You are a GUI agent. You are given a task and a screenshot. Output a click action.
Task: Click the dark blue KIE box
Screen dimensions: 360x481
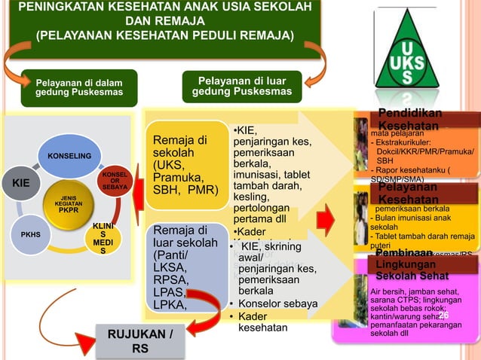17,182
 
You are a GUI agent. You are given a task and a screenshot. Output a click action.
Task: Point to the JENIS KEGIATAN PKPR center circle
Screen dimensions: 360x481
69,204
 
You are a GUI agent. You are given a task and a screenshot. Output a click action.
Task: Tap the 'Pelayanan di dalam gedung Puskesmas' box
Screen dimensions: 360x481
79,87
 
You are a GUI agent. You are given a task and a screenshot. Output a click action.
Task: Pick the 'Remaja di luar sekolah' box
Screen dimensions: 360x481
184,267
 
